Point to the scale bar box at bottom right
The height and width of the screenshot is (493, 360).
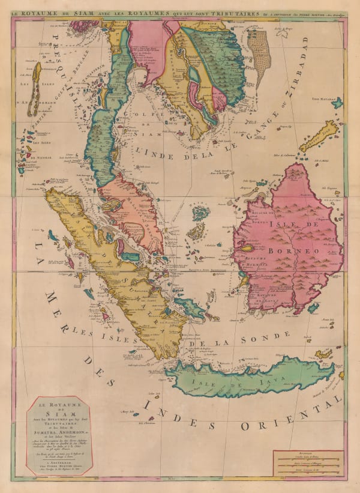click(305, 463)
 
